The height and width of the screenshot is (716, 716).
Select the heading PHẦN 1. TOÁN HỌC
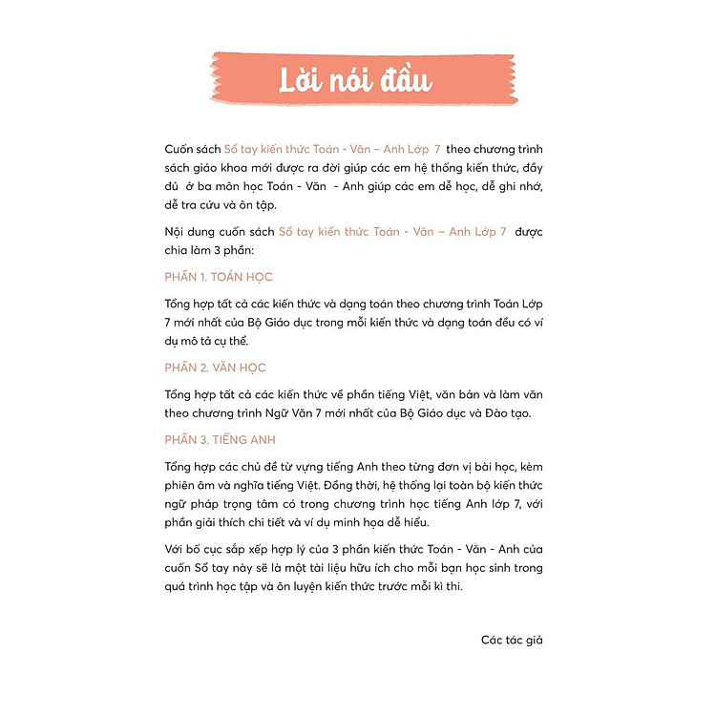tap(219, 277)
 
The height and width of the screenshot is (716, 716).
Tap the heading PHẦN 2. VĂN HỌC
tap(215, 368)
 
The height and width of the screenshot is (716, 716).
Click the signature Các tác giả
tap(512, 640)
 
